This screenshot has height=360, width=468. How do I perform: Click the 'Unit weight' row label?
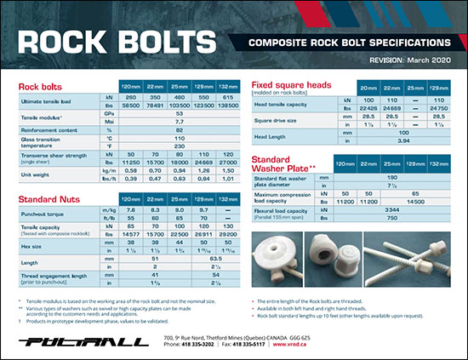coord(35,176)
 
